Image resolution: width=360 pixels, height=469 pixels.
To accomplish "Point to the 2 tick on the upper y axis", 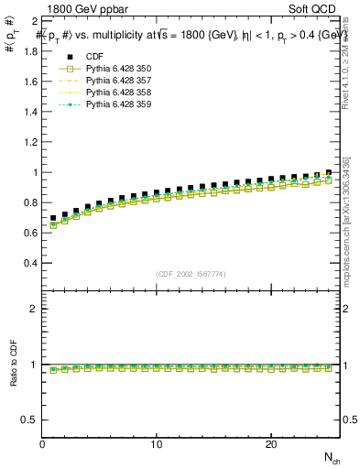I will tap(34, 20).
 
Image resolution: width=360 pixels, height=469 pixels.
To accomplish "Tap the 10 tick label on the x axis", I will tap(157, 444).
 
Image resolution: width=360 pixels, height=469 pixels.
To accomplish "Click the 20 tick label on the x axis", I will tap(271, 444).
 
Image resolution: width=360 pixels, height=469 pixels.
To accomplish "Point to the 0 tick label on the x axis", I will tap(43, 444).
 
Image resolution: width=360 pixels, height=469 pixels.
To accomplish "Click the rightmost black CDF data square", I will tap(328, 172).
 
